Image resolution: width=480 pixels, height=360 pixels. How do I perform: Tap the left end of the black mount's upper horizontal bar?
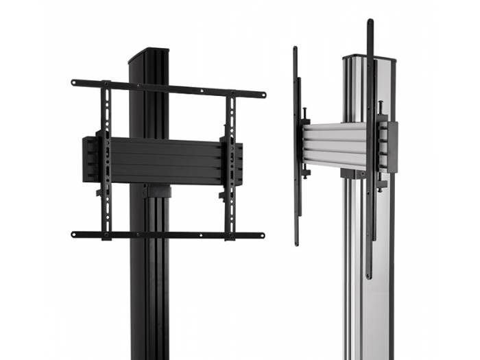pyautogui.click(x=75, y=83)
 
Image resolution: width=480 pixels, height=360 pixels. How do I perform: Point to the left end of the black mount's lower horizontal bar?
pyautogui.click(x=75, y=234)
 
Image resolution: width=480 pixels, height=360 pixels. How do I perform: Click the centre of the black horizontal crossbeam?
pyautogui.click(x=165, y=161)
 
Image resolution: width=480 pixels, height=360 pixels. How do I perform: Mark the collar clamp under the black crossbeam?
pyautogui.click(x=154, y=191)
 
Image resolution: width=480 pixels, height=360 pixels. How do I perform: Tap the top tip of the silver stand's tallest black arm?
pyautogui.click(x=370, y=23)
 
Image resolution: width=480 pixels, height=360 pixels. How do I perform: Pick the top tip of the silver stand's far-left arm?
pyautogui.click(x=296, y=50)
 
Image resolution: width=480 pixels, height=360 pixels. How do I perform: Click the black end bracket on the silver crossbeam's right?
pyautogui.click(x=392, y=147)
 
